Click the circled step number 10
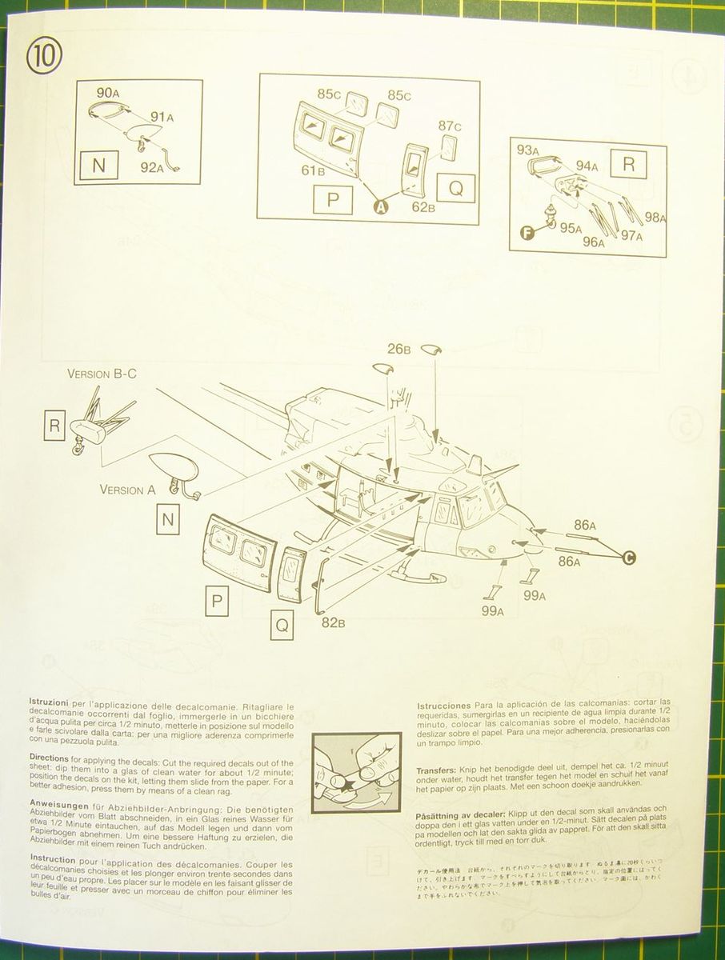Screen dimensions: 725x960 [x=43, y=58]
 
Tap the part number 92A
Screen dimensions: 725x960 [x=152, y=167]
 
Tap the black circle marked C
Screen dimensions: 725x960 [x=628, y=557]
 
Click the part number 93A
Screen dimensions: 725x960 [x=528, y=150]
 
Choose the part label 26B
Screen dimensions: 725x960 [x=399, y=348]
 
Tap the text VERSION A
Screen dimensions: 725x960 [x=127, y=490]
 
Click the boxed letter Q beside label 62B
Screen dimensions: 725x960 [x=456, y=188]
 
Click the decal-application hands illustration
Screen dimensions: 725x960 [x=356, y=773]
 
